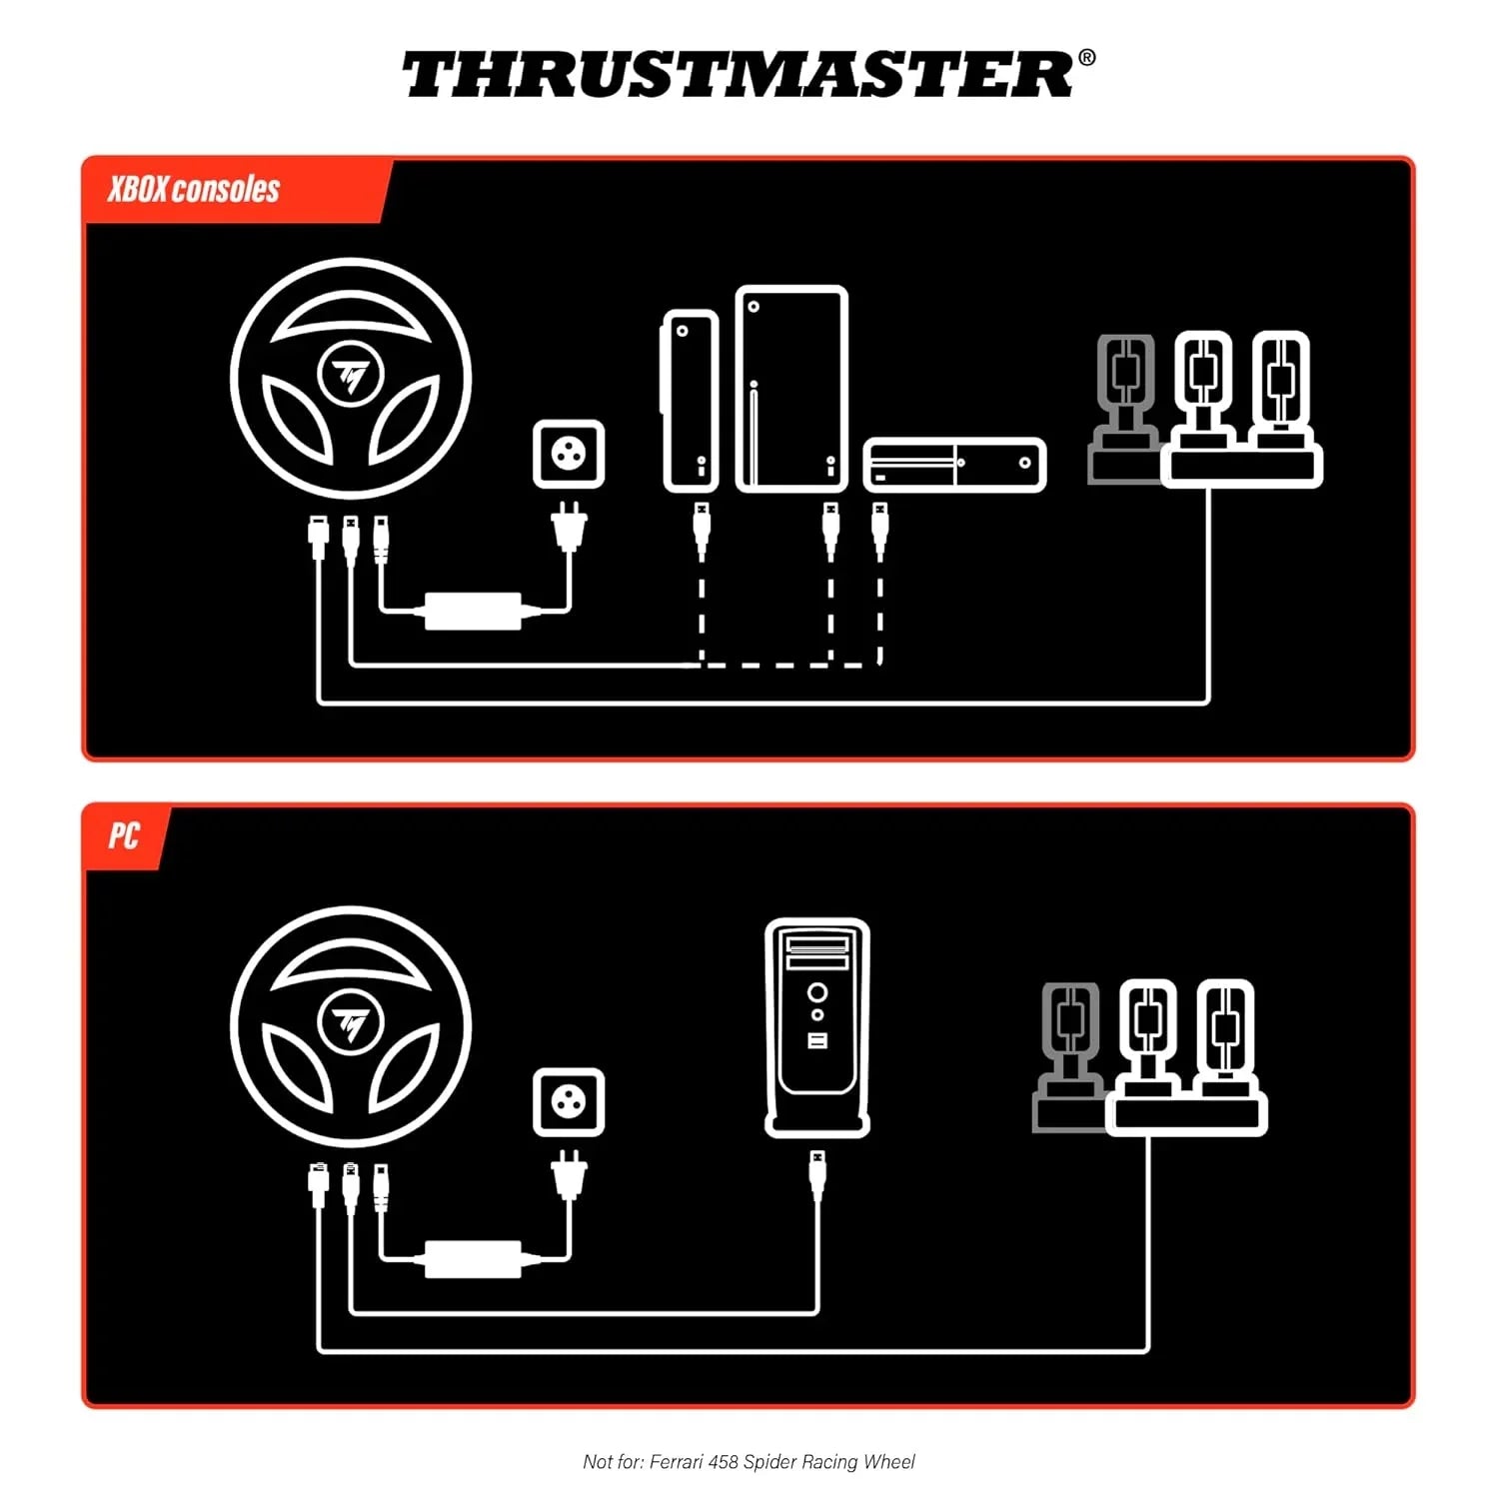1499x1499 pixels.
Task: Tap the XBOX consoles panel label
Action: tap(194, 189)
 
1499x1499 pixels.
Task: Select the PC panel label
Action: tap(124, 835)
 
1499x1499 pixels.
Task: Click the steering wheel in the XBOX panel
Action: tap(351, 378)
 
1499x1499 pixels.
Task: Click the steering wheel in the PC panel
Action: tap(351, 1025)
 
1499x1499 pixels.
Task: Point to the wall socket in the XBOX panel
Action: tap(569, 454)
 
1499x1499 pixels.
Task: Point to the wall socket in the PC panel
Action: tap(569, 1101)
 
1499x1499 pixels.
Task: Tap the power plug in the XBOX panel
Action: tap(569, 528)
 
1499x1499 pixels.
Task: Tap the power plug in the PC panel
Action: tap(569, 1175)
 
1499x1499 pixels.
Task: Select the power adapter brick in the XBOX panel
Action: tap(474, 610)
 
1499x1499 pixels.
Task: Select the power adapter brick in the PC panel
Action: tap(474, 1258)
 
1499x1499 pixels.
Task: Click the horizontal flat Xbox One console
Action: tap(954, 465)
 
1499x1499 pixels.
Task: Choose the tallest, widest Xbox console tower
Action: tap(791, 390)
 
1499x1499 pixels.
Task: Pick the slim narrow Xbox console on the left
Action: tap(691, 401)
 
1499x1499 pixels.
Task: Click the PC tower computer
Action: tap(817, 1026)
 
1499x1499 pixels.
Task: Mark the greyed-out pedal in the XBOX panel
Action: tap(1125, 410)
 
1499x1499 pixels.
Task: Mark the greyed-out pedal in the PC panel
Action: tap(1070, 1057)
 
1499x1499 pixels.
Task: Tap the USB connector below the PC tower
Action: tap(817, 1174)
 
